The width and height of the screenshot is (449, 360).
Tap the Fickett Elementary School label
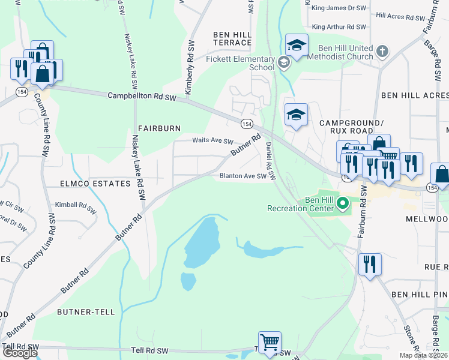point(240,63)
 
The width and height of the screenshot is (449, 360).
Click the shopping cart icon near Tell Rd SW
point(270,343)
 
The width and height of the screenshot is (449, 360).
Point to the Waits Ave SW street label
point(212,141)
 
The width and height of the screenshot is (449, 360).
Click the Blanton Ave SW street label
point(243,176)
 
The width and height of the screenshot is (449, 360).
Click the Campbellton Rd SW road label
point(142,96)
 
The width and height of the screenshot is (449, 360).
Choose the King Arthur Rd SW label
point(339,27)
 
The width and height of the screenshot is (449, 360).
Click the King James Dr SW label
point(339,9)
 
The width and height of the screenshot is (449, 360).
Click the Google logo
point(20,352)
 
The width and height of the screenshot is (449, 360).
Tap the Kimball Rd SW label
point(75,207)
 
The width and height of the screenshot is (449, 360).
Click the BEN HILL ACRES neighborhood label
point(414,96)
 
